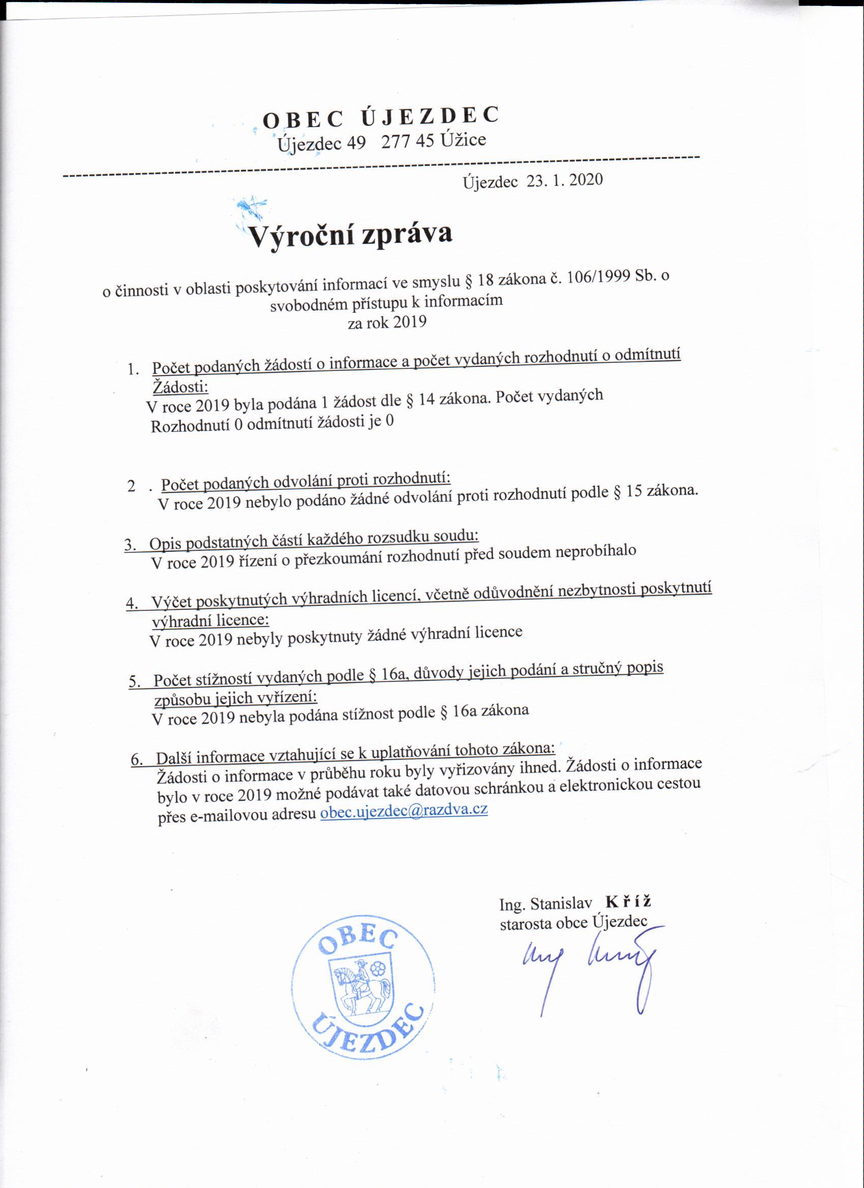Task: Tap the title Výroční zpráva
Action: (x=350, y=235)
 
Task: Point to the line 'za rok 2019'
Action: (x=387, y=322)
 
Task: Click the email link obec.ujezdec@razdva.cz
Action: (x=404, y=811)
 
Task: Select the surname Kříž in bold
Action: (x=628, y=901)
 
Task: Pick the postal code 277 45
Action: (x=407, y=141)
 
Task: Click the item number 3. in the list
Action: (x=130, y=545)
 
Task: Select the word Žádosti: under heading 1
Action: (x=180, y=387)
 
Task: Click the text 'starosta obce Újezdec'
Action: (x=573, y=922)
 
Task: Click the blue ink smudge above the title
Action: (x=252, y=205)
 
